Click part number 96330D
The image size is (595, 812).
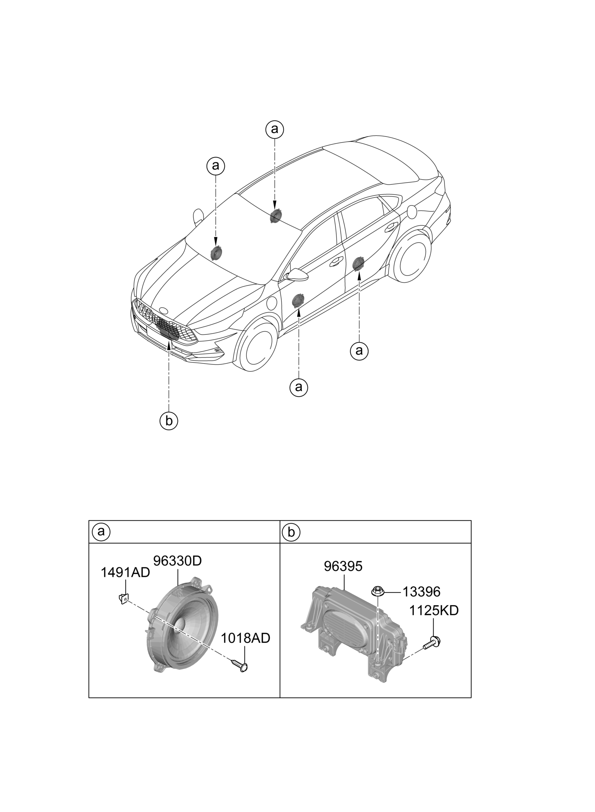pos(177,560)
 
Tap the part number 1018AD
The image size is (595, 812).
pos(245,638)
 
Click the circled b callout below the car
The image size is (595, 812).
pos(169,421)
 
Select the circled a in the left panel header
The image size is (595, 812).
pos(101,532)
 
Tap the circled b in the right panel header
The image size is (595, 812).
pos(291,532)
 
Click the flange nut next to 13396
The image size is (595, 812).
pos(377,591)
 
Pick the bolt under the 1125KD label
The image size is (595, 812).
pos(433,643)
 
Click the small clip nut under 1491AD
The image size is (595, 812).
pos(123,599)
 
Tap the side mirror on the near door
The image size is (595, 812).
pos(297,275)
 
